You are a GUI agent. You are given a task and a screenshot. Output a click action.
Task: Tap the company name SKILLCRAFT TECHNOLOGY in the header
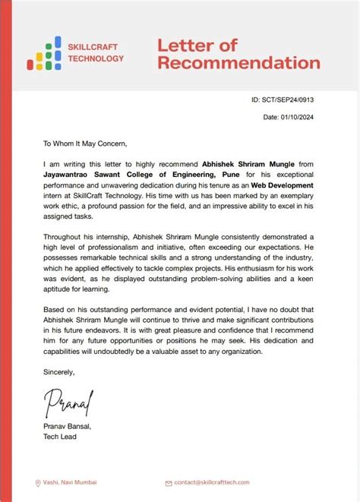(x=96, y=52)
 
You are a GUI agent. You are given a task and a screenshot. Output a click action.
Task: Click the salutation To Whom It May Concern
(x=85, y=142)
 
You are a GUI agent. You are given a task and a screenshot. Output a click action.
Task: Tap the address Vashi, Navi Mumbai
(x=71, y=482)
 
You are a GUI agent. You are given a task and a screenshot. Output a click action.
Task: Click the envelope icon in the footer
(x=169, y=483)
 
